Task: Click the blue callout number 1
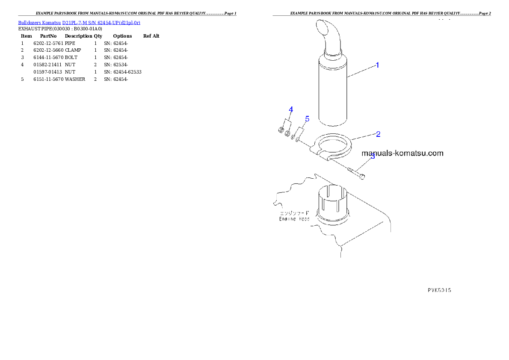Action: click(x=377, y=65)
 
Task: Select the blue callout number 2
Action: click(x=378, y=134)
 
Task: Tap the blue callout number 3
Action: click(x=373, y=157)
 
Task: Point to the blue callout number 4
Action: click(x=291, y=109)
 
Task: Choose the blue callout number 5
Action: click(x=307, y=119)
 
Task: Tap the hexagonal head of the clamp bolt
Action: click(x=362, y=176)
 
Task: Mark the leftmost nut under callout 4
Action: click(x=281, y=130)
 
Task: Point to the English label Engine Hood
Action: click(x=295, y=219)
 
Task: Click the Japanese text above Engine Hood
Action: click(x=294, y=212)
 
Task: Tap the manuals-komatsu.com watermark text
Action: click(x=402, y=153)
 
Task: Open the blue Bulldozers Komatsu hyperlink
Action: click(x=79, y=22)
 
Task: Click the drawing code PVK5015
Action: click(x=439, y=289)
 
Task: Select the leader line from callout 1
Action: click(x=361, y=71)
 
